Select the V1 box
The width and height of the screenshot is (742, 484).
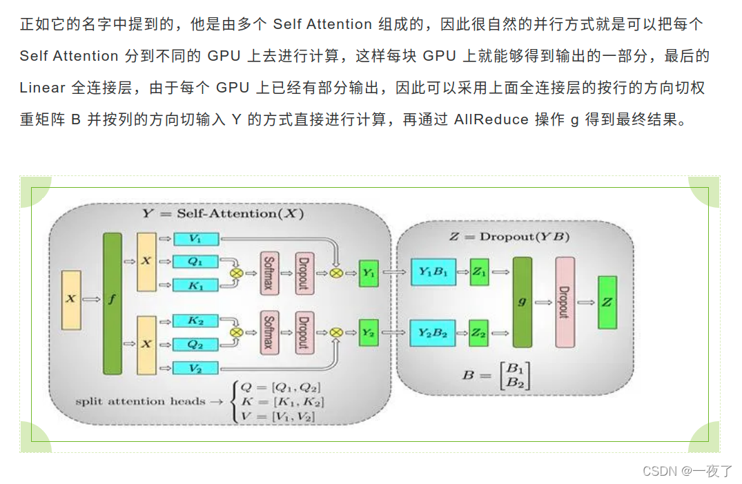point(195,239)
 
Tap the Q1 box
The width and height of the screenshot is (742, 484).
point(195,262)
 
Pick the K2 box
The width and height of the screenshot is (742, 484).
point(195,320)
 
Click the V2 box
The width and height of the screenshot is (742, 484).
point(195,368)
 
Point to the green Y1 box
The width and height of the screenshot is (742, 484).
point(369,273)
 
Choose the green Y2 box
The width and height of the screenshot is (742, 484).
point(369,333)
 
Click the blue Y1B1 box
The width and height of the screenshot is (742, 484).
point(433,272)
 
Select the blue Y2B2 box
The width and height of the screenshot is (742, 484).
point(433,333)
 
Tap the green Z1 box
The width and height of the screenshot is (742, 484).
point(479,272)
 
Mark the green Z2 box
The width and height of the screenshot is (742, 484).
point(479,333)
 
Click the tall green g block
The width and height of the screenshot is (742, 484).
point(523,302)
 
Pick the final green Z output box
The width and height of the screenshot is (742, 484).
point(607,302)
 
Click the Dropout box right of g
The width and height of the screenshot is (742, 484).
point(564,302)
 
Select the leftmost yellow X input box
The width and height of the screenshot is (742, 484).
point(71,299)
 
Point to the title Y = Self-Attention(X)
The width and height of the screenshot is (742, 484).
point(223,213)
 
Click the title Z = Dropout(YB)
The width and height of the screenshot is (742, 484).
point(509,237)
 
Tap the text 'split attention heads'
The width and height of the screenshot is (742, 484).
point(140,401)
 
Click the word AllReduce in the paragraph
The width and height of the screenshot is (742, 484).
point(491,119)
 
